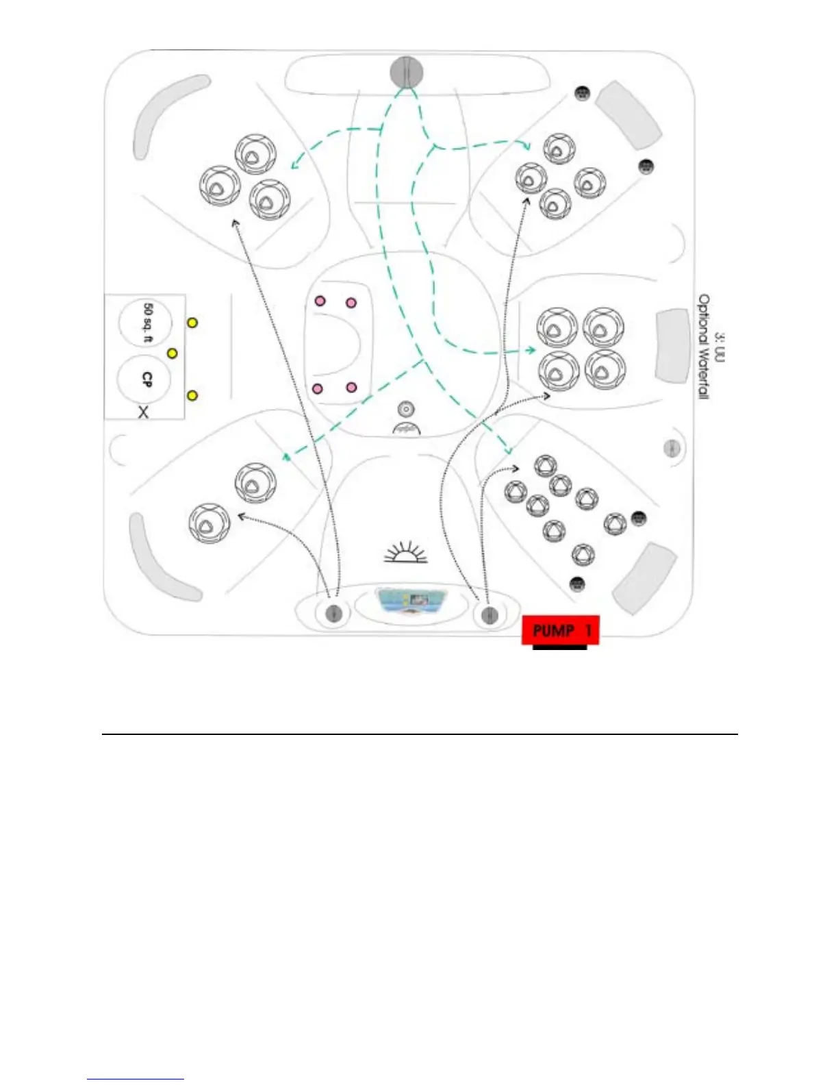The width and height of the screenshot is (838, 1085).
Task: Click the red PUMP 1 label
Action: [x=560, y=629]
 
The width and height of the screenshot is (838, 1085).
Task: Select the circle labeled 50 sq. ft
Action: [x=146, y=323]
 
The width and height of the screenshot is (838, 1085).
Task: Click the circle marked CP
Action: [x=145, y=379]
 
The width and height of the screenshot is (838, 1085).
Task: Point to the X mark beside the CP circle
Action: [x=143, y=412]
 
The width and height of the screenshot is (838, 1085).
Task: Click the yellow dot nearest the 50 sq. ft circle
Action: [x=193, y=322]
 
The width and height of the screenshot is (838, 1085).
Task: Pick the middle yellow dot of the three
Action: [x=173, y=353]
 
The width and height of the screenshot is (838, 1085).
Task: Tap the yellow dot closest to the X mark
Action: [x=192, y=395]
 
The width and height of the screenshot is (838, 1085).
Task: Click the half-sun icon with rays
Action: [x=405, y=552]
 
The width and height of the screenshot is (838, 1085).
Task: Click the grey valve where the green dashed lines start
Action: [x=407, y=71]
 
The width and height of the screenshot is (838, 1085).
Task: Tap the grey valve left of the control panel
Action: [x=334, y=612]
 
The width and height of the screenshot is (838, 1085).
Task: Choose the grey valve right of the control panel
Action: [x=489, y=614]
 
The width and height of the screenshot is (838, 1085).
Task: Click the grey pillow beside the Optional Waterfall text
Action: [x=672, y=345]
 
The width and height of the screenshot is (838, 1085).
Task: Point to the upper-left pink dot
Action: [x=320, y=300]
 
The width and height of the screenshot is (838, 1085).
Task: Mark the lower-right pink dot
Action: [x=352, y=388]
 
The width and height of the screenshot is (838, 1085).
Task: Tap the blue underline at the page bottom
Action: [x=136, y=1079]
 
